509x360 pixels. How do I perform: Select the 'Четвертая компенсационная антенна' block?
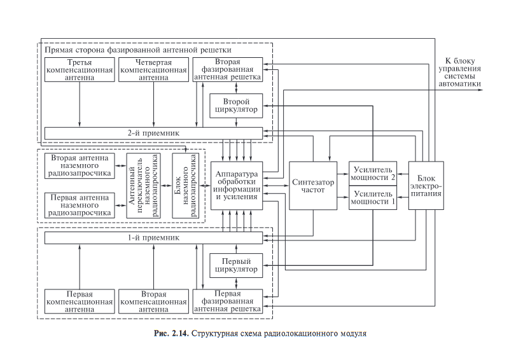(x=153, y=69)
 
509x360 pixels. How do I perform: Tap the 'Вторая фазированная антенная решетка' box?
(x=227, y=69)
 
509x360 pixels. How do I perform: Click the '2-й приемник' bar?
(x=153, y=132)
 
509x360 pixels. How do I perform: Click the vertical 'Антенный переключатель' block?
(x=142, y=185)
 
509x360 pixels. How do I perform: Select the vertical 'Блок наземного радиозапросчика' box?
(x=185, y=185)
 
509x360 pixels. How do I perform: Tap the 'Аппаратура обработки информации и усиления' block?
(x=236, y=185)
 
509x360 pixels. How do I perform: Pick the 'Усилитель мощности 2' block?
(x=373, y=172)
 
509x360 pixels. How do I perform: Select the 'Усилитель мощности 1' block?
(x=373, y=198)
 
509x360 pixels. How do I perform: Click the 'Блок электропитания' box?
(x=426, y=185)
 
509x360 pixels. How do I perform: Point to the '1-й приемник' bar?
(x=153, y=237)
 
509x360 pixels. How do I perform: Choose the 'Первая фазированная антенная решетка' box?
(x=227, y=301)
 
